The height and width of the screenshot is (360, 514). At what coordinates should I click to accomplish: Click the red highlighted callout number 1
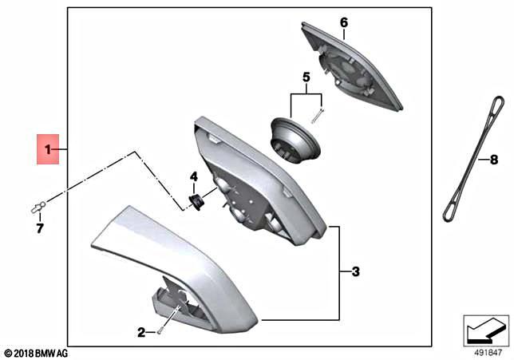[x=48, y=149]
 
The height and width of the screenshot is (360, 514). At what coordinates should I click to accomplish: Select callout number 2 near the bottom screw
[x=140, y=332]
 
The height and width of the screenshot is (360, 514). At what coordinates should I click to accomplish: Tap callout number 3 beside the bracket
[x=356, y=272]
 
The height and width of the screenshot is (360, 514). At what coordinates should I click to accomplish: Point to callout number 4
[x=193, y=176]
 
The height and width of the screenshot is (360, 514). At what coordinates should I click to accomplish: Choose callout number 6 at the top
[x=344, y=22]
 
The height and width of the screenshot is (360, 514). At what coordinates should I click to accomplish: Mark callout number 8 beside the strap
[x=482, y=159]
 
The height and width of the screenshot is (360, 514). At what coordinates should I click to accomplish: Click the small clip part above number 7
[x=37, y=209]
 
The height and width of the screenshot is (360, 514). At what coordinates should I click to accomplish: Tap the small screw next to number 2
[x=160, y=327]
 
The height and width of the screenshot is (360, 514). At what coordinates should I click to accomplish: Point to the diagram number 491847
[x=487, y=348]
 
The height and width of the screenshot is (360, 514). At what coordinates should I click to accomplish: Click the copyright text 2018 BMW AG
[x=37, y=352]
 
